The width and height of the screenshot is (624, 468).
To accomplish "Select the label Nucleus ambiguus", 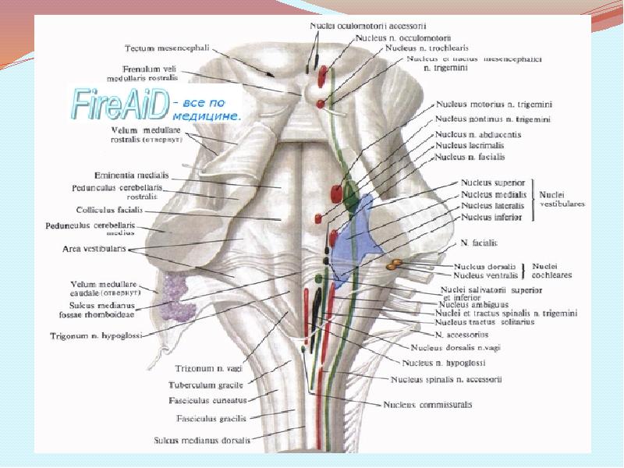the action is [472, 305].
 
